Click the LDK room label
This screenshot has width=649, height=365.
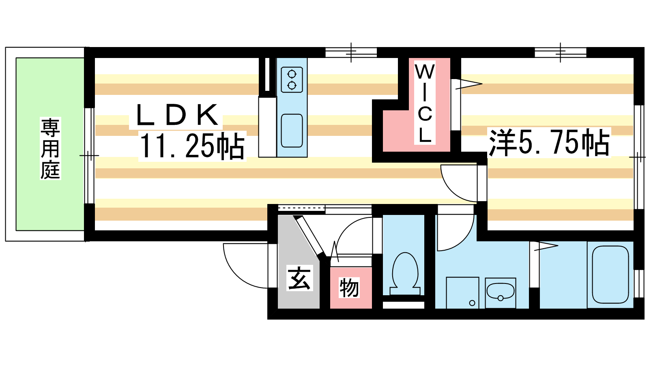tap(177, 116)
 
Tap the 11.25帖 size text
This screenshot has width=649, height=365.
tap(192, 146)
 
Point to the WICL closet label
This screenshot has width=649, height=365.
tap(425, 103)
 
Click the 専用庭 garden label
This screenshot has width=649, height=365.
tap(50, 148)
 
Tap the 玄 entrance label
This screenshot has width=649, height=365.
tap(299, 278)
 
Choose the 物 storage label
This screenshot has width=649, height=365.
tap(349, 288)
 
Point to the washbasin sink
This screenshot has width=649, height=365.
tap(500, 291)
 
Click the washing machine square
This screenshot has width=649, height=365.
tap(462, 292)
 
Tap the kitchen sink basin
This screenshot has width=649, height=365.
tap(292, 131)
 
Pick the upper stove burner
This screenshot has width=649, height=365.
tap(292, 74)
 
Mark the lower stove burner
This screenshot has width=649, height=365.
tap(292, 85)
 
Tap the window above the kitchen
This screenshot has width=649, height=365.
tap(351, 52)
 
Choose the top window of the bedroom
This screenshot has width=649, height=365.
tap(560, 52)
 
